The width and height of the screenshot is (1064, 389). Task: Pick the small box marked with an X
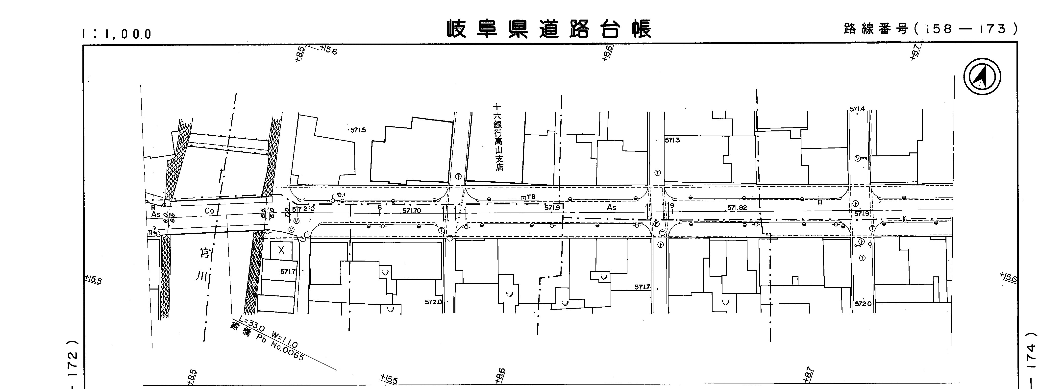281,250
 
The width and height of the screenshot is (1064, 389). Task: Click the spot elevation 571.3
672,140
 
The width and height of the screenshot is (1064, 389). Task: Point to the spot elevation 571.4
857,109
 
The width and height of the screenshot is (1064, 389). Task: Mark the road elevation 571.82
737,208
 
